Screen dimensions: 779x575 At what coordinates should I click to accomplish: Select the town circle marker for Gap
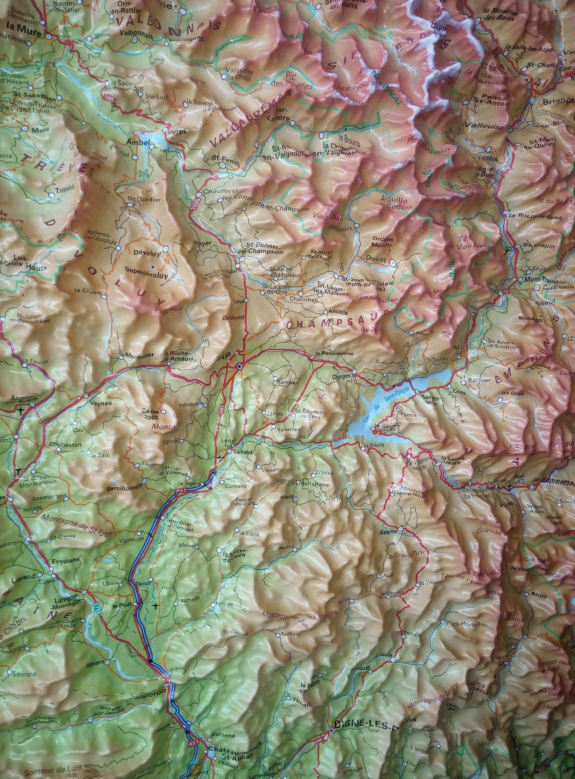(x=240, y=367)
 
